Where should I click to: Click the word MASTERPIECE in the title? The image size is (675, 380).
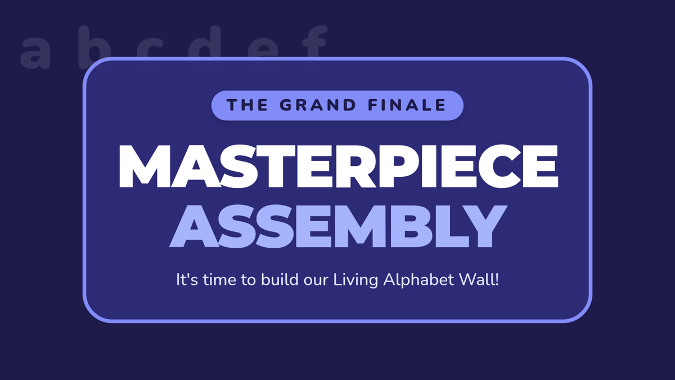coord(339,167)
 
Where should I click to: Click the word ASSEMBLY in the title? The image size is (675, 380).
coord(338,226)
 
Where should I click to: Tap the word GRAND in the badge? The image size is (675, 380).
coord(318,105)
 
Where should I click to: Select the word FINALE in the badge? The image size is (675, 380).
coord(407,105)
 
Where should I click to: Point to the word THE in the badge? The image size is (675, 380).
coord(247,105)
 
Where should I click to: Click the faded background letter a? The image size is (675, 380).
coord(35,52)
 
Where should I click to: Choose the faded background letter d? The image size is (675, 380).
coord(205,42)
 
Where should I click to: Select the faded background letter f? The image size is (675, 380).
coord(314,42)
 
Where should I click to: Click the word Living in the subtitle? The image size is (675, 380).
coord(355,280)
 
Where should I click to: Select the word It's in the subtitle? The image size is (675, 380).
coord(187,280)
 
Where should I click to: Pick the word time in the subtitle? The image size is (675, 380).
coord(220,280)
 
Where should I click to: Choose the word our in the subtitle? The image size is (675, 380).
coord(316,281)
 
